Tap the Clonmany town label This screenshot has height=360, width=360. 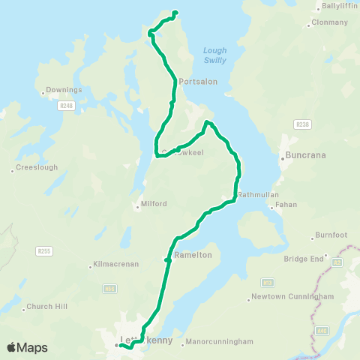click(x=330, y=22)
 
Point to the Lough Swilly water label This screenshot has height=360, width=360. click(x=214, y=55)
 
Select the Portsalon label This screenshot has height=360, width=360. click(x=198, y=81)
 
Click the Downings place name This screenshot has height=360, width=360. click(x=64, y=90)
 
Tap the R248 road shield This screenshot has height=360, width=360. click(x=65, y=106)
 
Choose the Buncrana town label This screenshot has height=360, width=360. click(x=304, y=157)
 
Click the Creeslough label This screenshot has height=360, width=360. click(x=37, y=167)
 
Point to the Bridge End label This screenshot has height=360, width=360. click(x=303, y=259)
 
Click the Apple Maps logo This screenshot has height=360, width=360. click(x=27, y=347)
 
